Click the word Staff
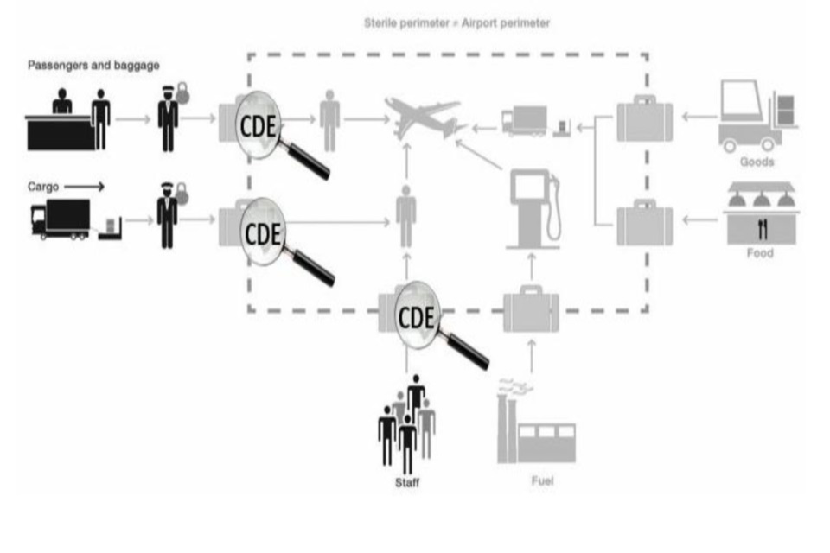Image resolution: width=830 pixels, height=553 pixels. pyautogui.click(x=406, y=482)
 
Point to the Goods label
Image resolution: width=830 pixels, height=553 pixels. pyautogui.click(x=757, y=162)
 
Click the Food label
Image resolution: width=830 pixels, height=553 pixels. pyautogui.click(x=759, y=253)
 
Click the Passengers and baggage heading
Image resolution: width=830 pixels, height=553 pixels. pyautogui.click(x=93, y=65)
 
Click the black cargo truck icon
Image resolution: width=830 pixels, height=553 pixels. pyautogui.click(x=61, y=219)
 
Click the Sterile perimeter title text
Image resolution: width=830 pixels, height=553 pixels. pyautogui.click(x=456, y=23)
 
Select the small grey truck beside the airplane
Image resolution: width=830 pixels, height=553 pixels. pyautogui.click(x=523, y=121)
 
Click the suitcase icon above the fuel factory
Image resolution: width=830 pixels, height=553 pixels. pyautogui.click(x=531, y=309)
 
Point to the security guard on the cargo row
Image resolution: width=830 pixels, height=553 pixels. pyautogui.click(x=167, y=215)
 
